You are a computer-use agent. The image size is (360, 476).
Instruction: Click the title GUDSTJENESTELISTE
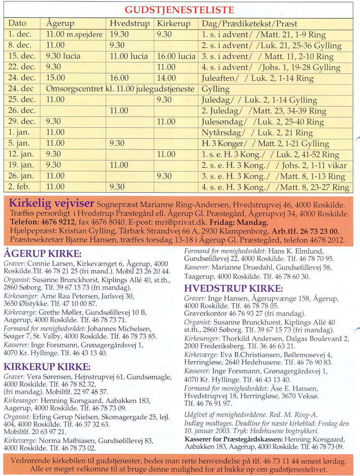[180, 10]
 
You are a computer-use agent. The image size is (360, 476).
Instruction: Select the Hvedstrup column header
[129, 23]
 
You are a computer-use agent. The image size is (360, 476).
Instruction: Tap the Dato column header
[17, 23]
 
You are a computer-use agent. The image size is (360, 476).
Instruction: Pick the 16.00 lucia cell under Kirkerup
[176, 56]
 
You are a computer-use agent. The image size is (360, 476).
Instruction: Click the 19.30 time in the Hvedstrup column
[118, 34]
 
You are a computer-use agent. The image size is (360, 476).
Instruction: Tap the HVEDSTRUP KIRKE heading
[234, 288]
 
